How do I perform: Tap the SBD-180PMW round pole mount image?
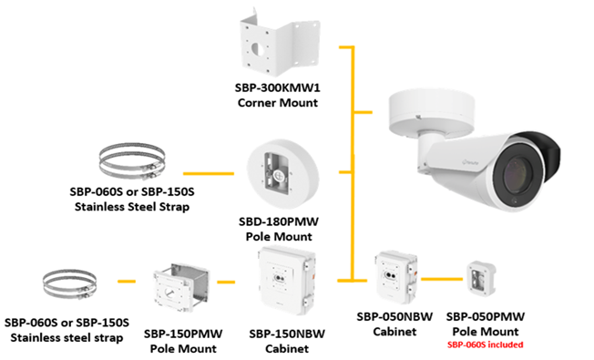(x=282, y=174)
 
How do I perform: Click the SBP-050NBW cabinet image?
(x=396, y=277)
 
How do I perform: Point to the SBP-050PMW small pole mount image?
(x=481, y=279)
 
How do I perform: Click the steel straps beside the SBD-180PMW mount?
(x=132, y=161)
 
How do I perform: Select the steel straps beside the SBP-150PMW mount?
(x=69, y=284)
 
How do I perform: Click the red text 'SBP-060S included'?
(x=486, y=345)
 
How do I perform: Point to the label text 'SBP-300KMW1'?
(x=277, y=87)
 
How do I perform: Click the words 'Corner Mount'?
(x=278, y=103)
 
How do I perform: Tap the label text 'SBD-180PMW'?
(x=279, y=221)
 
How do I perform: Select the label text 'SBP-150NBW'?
(x=287, y=334)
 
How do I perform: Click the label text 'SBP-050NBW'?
(x=394, y=317)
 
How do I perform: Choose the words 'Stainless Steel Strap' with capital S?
(x=132, y=207)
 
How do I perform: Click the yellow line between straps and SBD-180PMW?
(x=209, y=173)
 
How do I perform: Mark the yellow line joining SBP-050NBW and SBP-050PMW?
(x=442, y=279)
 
